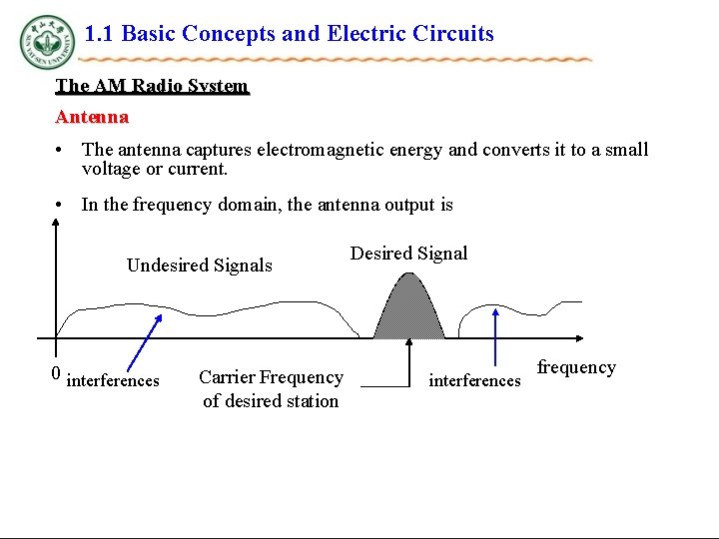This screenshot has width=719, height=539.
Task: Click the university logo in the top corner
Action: tap(46, 42)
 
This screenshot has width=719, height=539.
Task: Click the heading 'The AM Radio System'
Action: tap(152, 86)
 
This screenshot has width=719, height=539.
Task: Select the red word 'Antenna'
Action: tap(92, 117)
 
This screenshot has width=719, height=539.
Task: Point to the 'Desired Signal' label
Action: tap(408, 254)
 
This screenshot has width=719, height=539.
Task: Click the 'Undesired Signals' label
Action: tap(199, 266)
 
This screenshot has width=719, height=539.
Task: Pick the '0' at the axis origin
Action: tap(56, 375)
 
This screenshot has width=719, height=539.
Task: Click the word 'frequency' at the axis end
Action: tap(576, 367)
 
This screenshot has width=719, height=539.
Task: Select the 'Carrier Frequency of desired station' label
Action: tap(271, 389)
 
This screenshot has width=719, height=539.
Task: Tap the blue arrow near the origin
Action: tap(145, 345)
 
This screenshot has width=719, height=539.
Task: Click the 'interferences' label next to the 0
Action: tap(113, 380)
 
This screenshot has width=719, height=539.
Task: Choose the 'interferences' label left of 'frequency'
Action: tap(474, 380)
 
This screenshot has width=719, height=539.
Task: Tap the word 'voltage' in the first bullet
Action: tap(111, 169)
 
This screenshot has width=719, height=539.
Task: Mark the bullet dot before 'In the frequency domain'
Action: tap(62, 205)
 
